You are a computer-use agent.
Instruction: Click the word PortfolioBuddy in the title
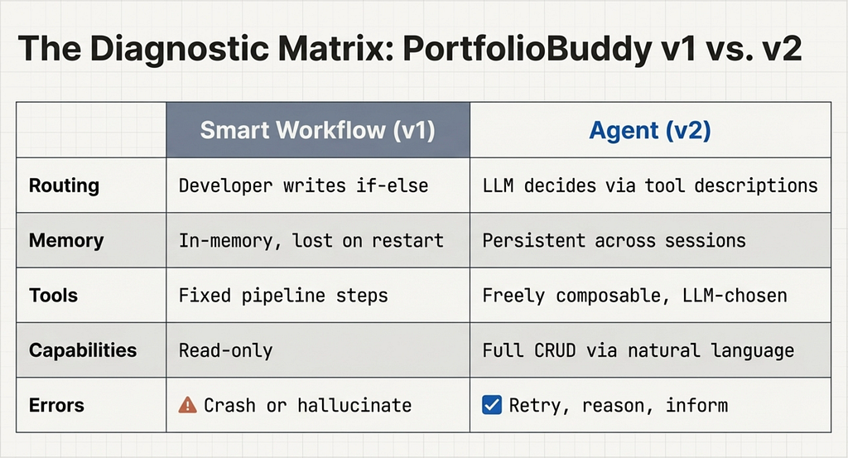pyautogui.click(x=528, y=49)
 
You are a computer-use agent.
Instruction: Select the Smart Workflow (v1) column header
pyautogui.click(x=317, y=130)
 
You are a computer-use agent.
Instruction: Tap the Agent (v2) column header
pyautogui.click(x=649, y=130)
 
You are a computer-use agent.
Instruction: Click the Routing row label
pyautogui.click(x=64, y=186)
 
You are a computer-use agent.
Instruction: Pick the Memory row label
pyautogui.click(x=66, y=240)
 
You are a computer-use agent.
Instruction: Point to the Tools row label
pyautogui.click(x=54, y=295)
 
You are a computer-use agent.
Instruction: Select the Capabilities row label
pyautogui.click(x=83, y=350)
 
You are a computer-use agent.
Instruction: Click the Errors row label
pyautogui.click(x=57, y=405)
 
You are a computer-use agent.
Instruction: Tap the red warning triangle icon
pyautogui.click(x=188, y=405)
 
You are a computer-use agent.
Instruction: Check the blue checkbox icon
pyautogui.click(x=492, y=405)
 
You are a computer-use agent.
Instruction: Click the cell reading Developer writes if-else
pyautogui.click(x=303, y=186)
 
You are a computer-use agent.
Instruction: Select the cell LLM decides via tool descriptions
pyautogui.click(x=650, y=186)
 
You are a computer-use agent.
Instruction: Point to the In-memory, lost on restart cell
pyautogui.click(x=311, y=241)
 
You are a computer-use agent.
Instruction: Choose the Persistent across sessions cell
pyautogui.click(x=614, y=241)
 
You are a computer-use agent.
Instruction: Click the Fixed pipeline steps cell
pyautogui.click(x=283, y=296)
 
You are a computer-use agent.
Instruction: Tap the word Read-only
pyautogui.click(x=225, y=351)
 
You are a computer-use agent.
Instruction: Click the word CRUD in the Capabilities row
pyautogui.click(x=555, y=350)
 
